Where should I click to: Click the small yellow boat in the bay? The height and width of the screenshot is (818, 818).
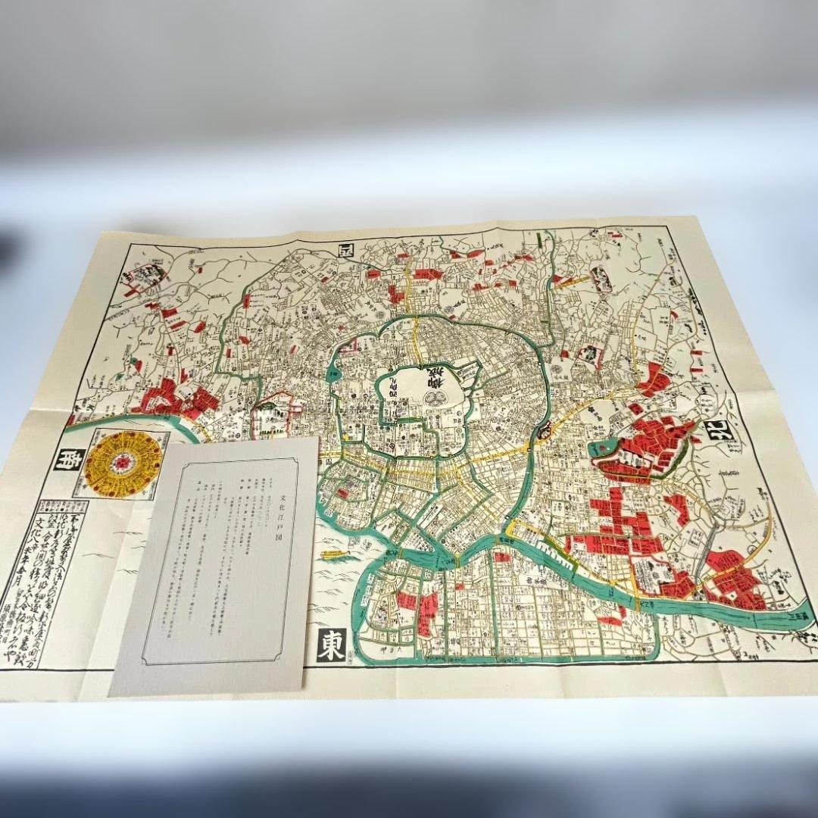tap(335, 555)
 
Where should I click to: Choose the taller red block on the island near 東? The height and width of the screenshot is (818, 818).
tap(429, 609)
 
